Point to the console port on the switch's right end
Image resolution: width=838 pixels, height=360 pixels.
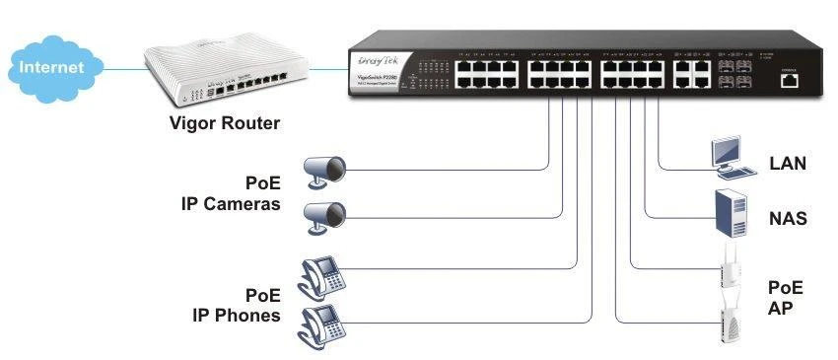pyautogui.click(x=788, y=82)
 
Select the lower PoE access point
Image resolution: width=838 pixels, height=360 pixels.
pyautogui.click(x=731, y=321)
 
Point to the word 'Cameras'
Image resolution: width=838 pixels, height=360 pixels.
pyautogui.click(x=244, y=204)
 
